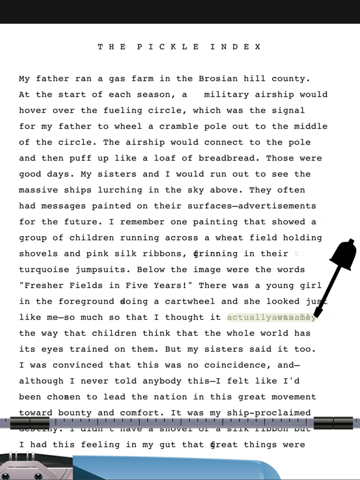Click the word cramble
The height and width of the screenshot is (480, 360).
[184, 127]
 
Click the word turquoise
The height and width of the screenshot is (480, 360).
[44, 270]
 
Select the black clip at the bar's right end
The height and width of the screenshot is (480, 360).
[334, 423]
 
